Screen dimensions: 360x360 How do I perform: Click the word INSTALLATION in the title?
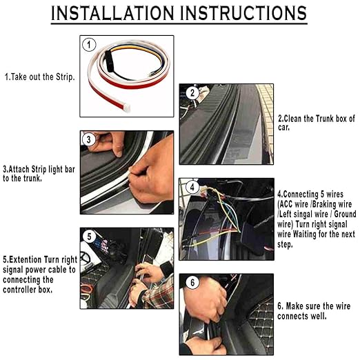pos(112,13)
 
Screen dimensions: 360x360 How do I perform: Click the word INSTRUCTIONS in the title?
pos(243,13)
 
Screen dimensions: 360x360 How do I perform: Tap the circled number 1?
pos(89,45)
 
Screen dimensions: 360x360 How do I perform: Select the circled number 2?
pos(192,93)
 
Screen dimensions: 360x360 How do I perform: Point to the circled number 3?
pos(89,139)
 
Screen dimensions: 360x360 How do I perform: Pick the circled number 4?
pos(192,188)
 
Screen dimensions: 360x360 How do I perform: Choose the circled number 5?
pos(90,237)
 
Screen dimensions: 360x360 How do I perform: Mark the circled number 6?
pos(192,282)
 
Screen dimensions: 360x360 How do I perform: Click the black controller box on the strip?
pos(108,61)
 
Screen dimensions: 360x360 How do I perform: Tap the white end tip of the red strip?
pos(127,108)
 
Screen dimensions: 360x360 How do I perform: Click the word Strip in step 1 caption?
pos(65,77)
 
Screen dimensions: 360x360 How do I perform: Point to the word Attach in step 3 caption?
pos(19,169)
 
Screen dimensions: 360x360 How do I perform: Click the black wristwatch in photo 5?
pos(166,268)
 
